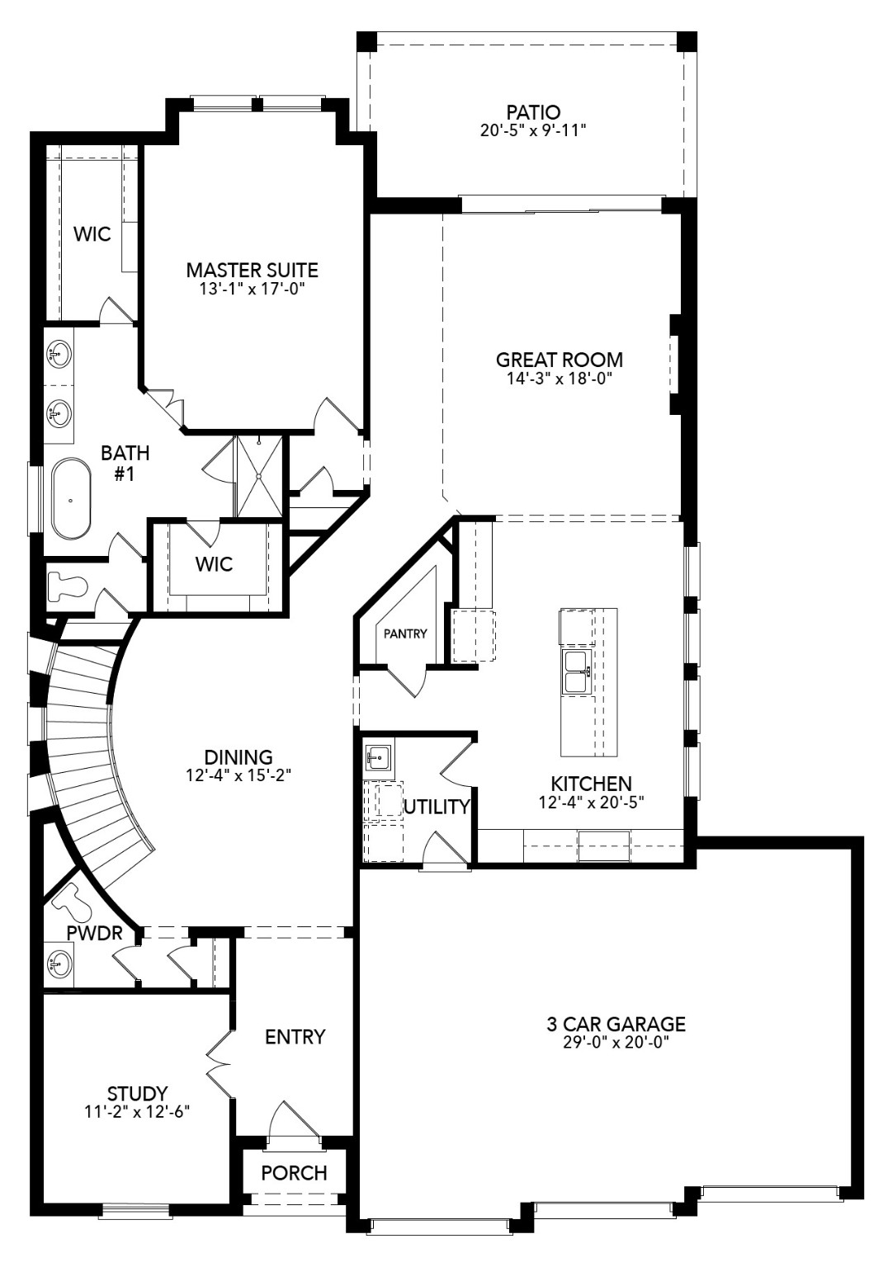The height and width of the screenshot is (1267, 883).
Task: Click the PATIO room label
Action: (x=533, y=111)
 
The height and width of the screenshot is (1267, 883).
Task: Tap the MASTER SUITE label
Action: (x=252, y=270)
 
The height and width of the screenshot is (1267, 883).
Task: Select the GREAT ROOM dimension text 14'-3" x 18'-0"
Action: (x=559, y=379)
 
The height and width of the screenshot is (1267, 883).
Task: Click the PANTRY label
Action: (x=405, y=633)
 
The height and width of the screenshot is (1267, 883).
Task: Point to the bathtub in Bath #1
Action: (x=71, y=499)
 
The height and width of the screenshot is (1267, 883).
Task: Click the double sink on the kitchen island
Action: (x=575, y=671)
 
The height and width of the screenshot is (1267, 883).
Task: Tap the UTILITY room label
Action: (x=437, y=807)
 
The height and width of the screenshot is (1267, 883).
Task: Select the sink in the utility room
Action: (x=378, y=755)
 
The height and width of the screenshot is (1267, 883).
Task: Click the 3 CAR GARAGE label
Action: (x=616, y=1024)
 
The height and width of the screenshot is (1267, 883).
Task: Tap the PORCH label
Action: (x=294, y=1172)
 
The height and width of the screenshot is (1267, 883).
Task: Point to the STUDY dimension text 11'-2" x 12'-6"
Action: (x=137, y=1111)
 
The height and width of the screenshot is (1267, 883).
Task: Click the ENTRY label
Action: (x=295, y=1037)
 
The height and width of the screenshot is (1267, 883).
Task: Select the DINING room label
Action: (x=238, y=756)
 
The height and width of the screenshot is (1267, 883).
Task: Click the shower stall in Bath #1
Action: (x=259, y=477)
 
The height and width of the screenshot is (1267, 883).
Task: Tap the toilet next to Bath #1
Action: (x=68, y=586)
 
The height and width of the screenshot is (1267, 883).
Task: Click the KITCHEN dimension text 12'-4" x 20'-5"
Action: (x=591, y=801)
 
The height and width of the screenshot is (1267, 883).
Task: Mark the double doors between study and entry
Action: (x=220, y=1064)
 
